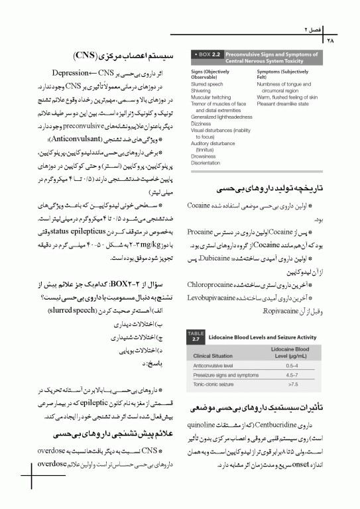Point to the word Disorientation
tap(205, 163)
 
